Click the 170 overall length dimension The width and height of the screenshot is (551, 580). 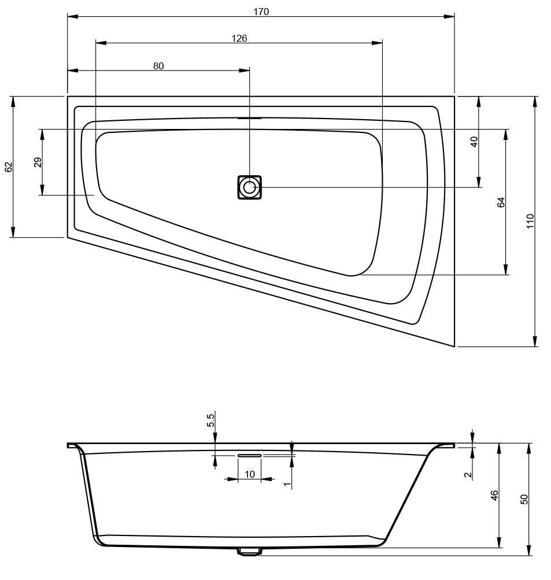pos(261,12)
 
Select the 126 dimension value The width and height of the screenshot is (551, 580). pos(239,38)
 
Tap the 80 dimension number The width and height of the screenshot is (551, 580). pos(158,66)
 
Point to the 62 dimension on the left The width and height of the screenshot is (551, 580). pos(9,167)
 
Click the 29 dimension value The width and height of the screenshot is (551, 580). pos(38,162)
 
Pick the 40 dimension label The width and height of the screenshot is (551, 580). pos(474,142)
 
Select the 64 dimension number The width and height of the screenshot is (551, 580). pos(501,202)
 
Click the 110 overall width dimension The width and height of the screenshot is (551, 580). pos(530,221)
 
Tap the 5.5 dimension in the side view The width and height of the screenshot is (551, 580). pos(211,420)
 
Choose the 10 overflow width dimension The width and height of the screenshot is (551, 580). pos(250,474)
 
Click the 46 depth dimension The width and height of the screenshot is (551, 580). pos(495,496)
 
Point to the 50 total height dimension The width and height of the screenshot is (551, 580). pos(524,499)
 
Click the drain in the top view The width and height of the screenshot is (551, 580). pos(249,187)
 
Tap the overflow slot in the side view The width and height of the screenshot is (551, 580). pos(250,455)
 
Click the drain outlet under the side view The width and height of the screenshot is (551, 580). pos(249,552)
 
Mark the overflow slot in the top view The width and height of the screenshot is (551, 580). pos(249,118)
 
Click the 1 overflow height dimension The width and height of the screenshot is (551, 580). pos(287,483)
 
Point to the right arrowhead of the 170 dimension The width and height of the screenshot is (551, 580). pos(449,16)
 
